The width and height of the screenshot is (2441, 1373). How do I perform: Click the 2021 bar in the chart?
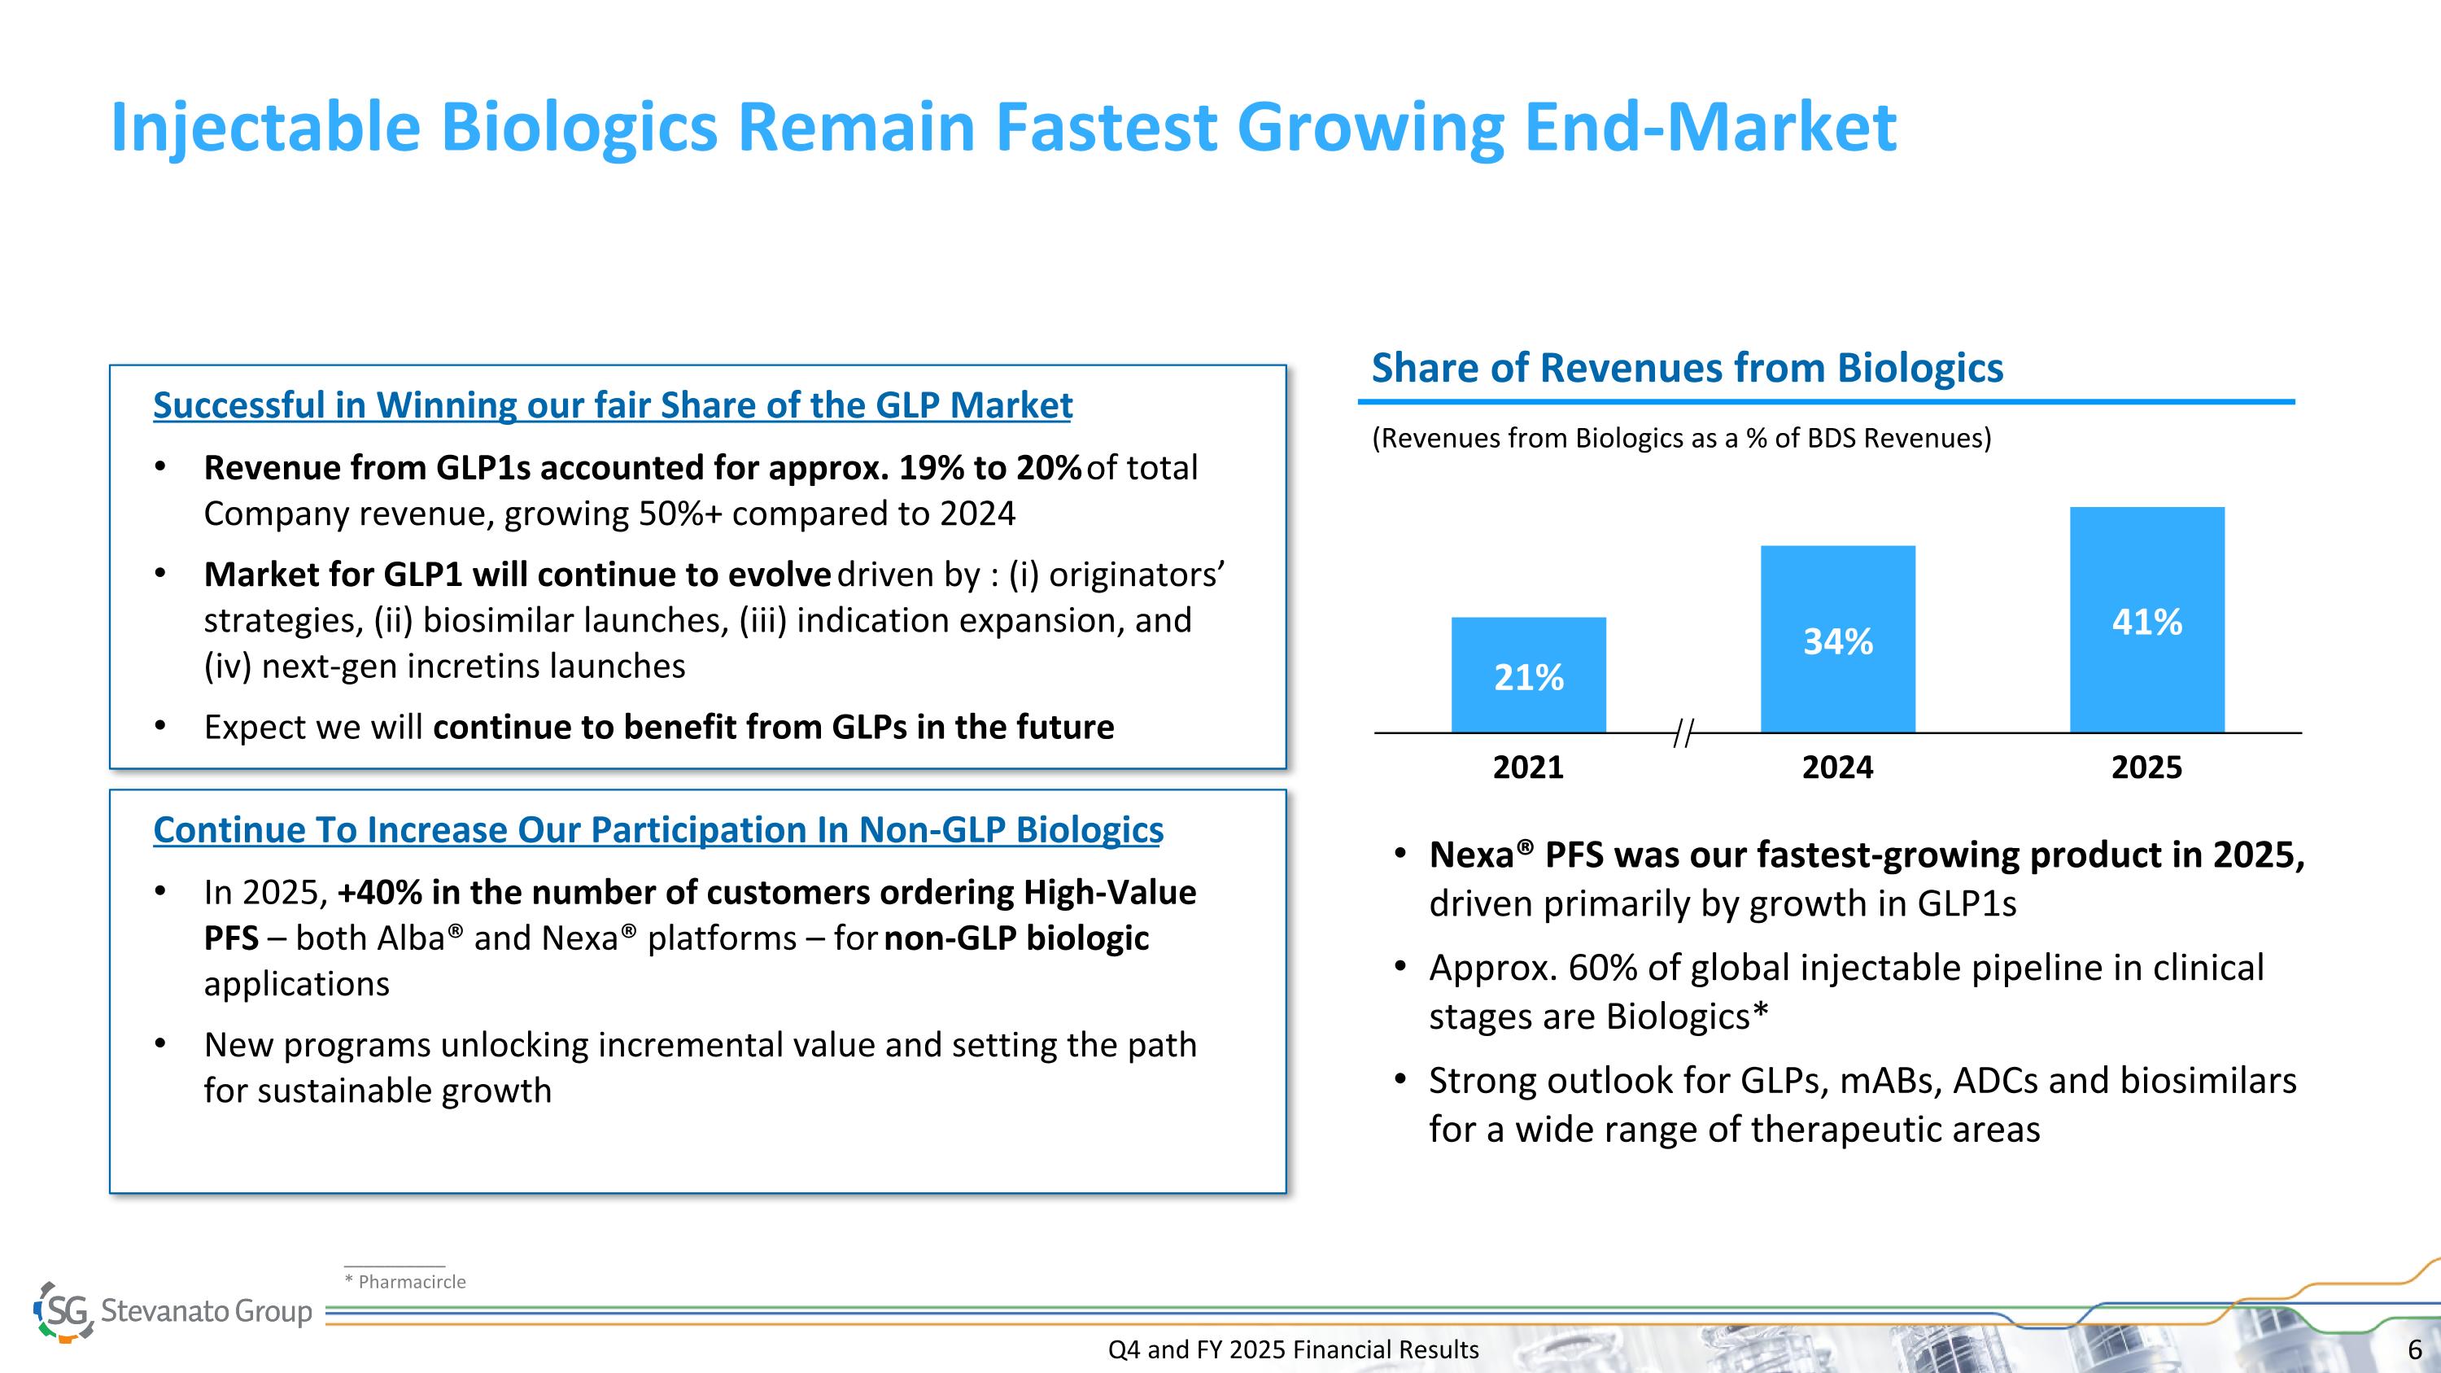(1528, 674)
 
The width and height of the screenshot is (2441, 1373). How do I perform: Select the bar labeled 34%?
(1837, 639)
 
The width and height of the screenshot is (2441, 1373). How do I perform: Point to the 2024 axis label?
(1837, 767)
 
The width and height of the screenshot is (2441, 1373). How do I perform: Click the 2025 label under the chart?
(2146, 767)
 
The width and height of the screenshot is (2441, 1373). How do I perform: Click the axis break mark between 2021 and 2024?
(1683, 732)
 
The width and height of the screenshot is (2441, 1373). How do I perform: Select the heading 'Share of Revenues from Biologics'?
(1687, 368)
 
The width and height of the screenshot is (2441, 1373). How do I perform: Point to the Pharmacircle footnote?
(405, 1282)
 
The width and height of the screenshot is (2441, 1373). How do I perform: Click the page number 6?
(2414, 1349)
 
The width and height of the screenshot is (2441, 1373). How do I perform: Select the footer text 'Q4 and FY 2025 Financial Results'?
(1293, 1349)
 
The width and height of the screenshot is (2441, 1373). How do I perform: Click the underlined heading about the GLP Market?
(612, 405)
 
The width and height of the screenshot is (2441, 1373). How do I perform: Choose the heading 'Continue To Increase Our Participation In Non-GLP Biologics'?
(657, 830)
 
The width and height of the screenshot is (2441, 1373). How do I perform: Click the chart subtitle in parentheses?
(1681, 438)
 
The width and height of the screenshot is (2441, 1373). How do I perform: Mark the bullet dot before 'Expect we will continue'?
(160, 727)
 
